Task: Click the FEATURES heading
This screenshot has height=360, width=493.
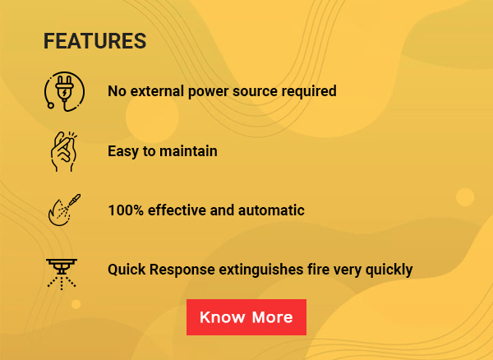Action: tap(94, 41)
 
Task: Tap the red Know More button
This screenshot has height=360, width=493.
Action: tap(246, 317)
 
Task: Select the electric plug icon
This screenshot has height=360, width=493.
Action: tap(64, 91)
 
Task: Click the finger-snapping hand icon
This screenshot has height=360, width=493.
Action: tap(64, 151)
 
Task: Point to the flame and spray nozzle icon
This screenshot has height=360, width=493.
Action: tap(64, 210)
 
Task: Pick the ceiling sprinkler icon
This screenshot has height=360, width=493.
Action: tap(62, 275)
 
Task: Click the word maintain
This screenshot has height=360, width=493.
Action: tap(188, 151)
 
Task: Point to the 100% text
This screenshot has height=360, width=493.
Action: tap(126, 210)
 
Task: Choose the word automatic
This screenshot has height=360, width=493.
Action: tap(271, 210)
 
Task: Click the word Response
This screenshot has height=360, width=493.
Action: tap(182, 270)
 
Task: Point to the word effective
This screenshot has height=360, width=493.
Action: tap(177, 210)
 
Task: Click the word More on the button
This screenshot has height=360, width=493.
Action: tap(272, 317)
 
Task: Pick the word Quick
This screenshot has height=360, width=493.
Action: tap(127, 270)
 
